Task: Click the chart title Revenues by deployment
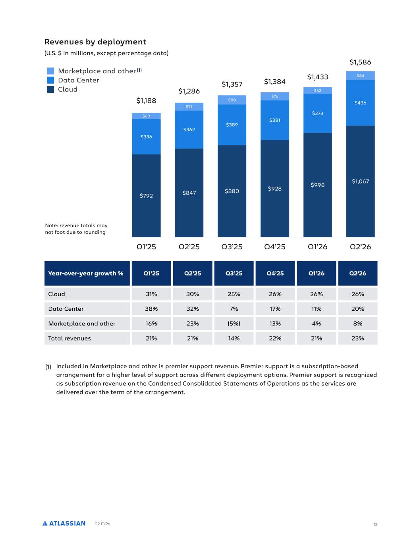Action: (95, 42)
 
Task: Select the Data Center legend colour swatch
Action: (50, 80)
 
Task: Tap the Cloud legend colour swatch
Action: (50, 90)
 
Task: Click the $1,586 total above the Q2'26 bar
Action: (360, 62)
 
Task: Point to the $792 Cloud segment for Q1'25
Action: (146, 196)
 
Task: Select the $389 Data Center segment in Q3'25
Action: (232, 125)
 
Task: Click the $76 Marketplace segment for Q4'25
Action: (275, 96)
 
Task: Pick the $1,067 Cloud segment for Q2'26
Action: (360, 182)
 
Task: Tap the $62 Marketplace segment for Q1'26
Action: (318, 91)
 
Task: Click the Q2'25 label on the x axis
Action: (189, 247)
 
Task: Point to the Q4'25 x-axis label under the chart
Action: (275, 247)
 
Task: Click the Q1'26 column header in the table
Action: (317, 273)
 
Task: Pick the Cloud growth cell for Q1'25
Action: (151, 294)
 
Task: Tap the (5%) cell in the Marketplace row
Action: (234, 323)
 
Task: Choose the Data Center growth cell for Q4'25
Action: (275, 309)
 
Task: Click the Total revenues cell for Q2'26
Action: (358, 338)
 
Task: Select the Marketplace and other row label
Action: (82, 323)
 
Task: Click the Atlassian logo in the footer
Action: (64, 524)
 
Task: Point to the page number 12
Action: (375, 524)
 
